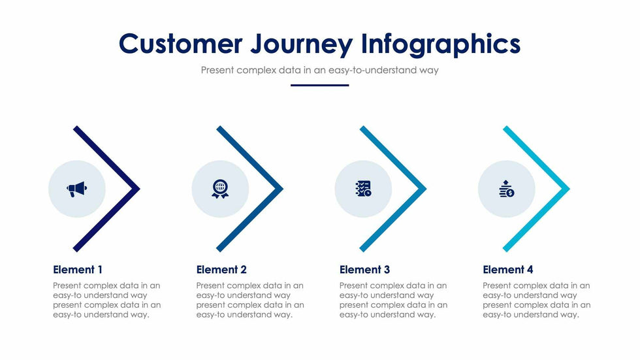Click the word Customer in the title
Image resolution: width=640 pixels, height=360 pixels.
pyautogui.click(x=180, y=43)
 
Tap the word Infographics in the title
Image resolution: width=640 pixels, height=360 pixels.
pyautogui.click(x=441, y=44)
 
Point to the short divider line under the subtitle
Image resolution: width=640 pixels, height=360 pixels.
pyautogui.click(x=319, y=86)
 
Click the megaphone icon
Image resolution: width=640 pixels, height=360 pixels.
pyautogui.click(x=77, y=189)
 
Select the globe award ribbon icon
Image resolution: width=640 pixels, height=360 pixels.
pyautogui.click(x=220, y=189)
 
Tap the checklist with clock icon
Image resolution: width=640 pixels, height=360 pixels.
pyautogui.click(x=363, y=189)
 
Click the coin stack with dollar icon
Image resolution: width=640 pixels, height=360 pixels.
pyautogui.click(x=507, y=189)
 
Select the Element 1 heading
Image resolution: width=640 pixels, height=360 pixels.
pyautogui.click(x=78, y=270)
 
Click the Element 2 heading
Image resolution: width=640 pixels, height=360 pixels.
pyautogui.click(x=221, y=270)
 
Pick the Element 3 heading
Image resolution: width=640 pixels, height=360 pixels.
pyautogui.click(x=364, y=270)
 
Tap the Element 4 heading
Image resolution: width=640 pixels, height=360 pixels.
pyautogui.click(x=508, y=270)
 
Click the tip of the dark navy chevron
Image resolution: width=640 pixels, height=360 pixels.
pyautogui.click(x=140, y=189)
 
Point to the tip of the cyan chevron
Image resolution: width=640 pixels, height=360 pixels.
pyautogui.click(x=569, y=189)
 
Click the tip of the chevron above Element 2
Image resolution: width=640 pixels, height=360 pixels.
pyautogui.click(x=283, y=189)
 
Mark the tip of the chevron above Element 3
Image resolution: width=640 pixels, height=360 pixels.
pyautogui.click(x=426, y=189)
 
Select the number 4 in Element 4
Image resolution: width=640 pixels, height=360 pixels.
pyautogui.click(x=530, y=270)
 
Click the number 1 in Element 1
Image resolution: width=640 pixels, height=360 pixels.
pyautogui.click(x=100, y=270)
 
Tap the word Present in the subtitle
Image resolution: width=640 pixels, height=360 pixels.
pyautogui.click(x=217, y=70)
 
